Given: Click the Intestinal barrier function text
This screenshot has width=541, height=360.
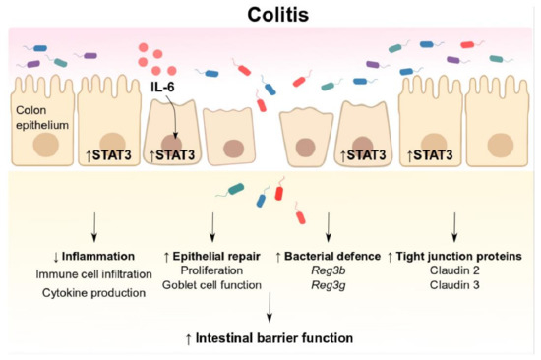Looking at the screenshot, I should [x=270, y=339].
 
